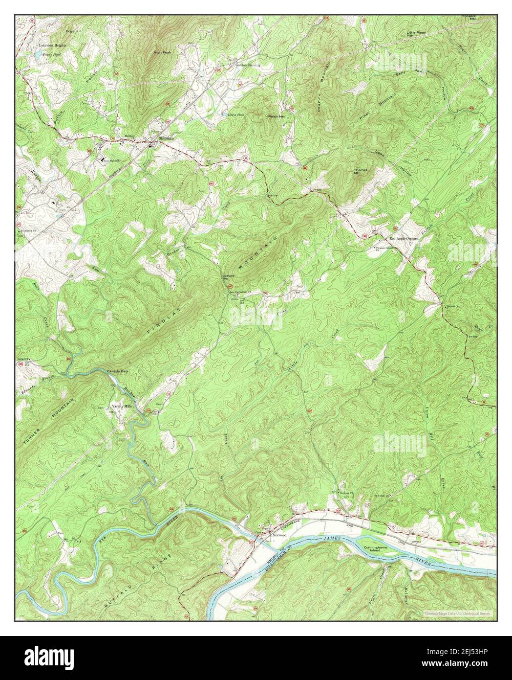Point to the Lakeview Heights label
(x=52, y=45)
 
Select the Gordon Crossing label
(x=248, y=65)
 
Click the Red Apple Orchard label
(x=404, y=238)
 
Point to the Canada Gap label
(x=117, y=372)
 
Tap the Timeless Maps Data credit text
(x=458, y=613)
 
